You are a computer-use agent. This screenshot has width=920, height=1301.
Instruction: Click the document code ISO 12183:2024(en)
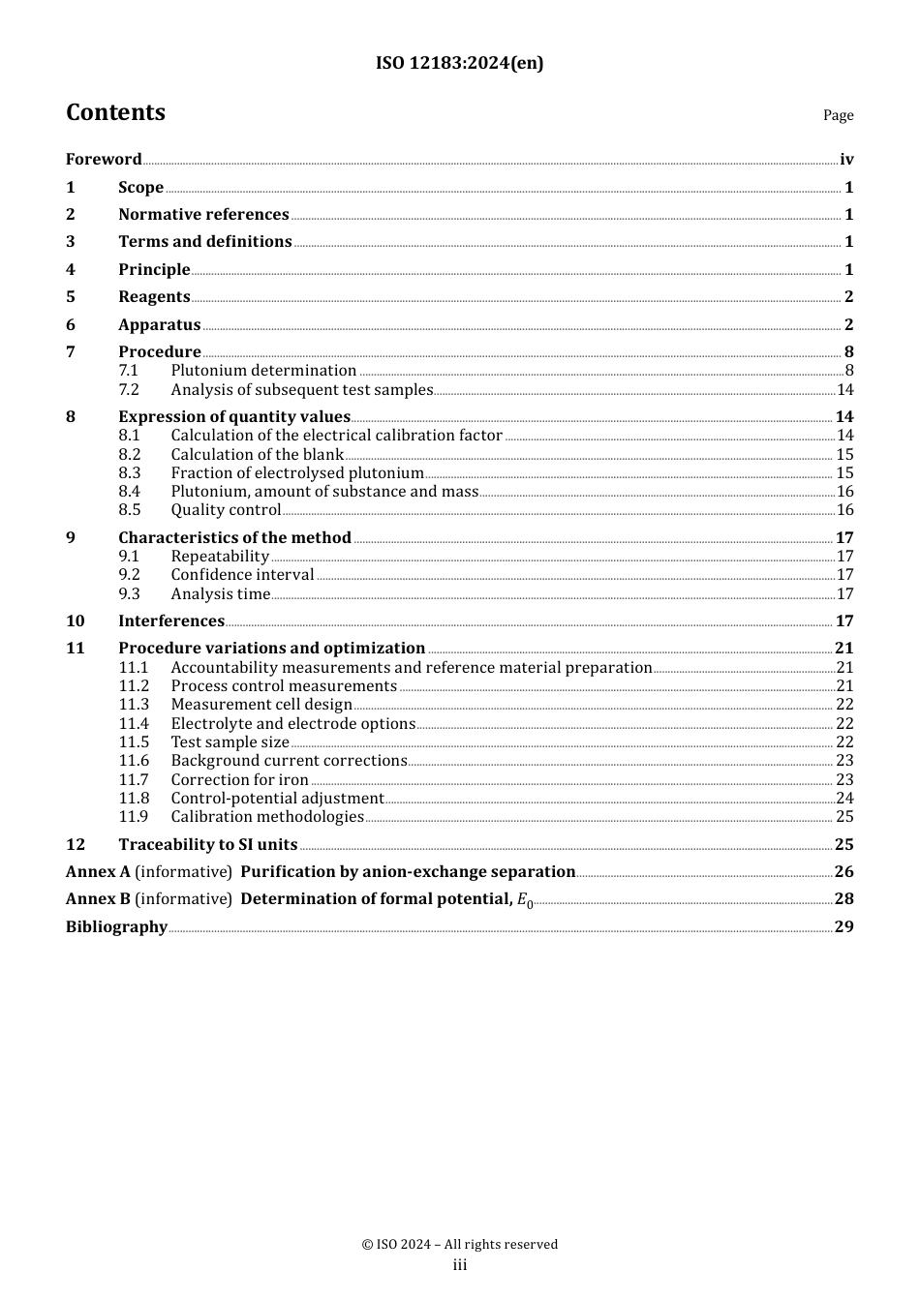459,63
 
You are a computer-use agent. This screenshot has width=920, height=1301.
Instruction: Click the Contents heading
115,112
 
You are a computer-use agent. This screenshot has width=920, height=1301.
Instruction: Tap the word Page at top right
838,115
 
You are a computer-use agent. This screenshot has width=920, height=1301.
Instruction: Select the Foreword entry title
104,160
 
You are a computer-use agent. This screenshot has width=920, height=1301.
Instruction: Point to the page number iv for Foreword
846,160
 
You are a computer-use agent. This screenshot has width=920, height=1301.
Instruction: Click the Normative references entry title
203,215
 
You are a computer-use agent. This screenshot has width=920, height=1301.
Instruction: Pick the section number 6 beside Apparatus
71,325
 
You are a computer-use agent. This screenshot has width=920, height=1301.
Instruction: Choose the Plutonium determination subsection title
263,371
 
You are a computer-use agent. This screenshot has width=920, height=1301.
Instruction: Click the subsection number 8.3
130,473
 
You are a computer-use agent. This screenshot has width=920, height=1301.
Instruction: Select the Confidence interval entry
242,575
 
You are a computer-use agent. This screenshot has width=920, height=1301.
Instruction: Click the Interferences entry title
171,621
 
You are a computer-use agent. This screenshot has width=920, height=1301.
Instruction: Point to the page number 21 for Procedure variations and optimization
844,649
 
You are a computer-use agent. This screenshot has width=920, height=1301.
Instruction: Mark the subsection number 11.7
134,780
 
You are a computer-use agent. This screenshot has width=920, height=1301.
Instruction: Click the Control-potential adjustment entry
277,799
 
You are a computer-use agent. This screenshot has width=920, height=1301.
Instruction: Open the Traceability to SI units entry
207,845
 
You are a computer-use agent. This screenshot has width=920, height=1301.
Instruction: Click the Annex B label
98,899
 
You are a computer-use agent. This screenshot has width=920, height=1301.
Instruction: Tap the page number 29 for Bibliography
844,927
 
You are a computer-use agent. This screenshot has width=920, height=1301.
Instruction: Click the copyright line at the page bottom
460,1245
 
